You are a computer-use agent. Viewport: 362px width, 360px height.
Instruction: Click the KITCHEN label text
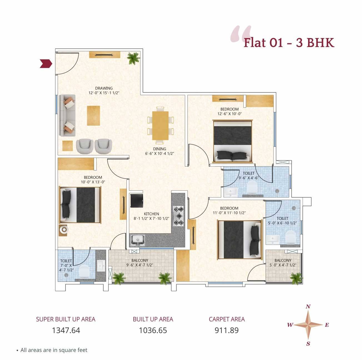pyautogui.click(x=151, y=214)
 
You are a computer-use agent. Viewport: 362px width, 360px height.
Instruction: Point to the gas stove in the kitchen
pyautogui.click(x=178, y=216)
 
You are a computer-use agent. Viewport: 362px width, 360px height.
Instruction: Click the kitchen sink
pyautogui.click(x=138, y=240)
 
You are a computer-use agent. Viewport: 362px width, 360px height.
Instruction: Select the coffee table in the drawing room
pyautogui.click(x=93, y=116)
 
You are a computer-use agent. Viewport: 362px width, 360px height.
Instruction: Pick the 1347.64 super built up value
pyautogui.click(x=66, y=330)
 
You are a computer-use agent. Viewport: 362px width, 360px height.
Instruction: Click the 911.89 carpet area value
pyautogui.click(x=226, y=330)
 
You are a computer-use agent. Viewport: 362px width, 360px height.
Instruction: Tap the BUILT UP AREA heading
pyautogui.click(x=153, y=319)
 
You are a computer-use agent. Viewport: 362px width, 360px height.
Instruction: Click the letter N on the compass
pyautogui.click(x=308, y=307)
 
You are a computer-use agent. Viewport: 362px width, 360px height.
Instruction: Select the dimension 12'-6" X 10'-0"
pyautogui.click(x=229, y=114)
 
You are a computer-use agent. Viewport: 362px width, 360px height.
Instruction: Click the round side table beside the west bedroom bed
pyautogui.click(x=64, y=229)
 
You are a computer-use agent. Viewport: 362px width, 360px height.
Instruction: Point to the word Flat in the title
pyautogui.click(x=254, y=43)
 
